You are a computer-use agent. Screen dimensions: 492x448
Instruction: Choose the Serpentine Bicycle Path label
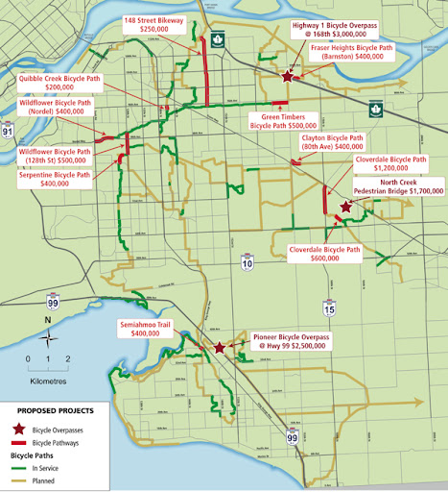click(55, 179)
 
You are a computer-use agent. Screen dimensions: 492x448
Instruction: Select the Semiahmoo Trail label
click(144, 328)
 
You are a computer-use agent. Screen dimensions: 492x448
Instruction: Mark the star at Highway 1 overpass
click(288, 74)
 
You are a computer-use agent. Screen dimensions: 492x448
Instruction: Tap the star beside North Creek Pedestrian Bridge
click(345, 206)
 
